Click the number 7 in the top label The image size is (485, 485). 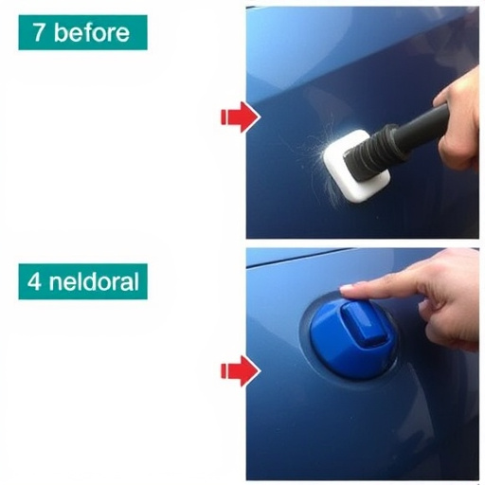tap(38, 32)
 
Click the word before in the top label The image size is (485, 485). tap(92, 32)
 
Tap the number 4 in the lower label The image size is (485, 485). tap(34, 281)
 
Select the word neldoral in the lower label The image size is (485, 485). tap(94, 281)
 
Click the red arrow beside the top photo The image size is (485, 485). tap(241, 117)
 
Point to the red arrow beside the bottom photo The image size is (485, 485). tap(241, 370)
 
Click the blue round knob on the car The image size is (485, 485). tap(352, 338)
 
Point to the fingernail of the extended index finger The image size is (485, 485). tap(347, 288)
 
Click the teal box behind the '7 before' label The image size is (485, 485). tap(82, 32)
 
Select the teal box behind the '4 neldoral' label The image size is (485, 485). tap(82, 281)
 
